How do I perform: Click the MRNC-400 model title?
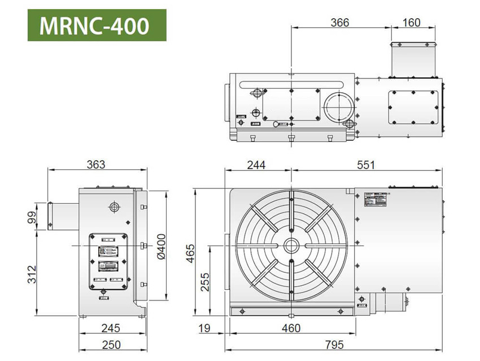[97, 25]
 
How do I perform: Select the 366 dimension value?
[340, 23]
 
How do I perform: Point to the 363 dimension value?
[96, 164]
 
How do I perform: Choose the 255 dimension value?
[205, 281]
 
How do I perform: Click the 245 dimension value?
[112, 328]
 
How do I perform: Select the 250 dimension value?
[112, 345]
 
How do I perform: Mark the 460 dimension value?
[291, 328]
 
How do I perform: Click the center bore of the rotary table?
[291, 246]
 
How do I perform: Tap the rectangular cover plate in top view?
[413, 109]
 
